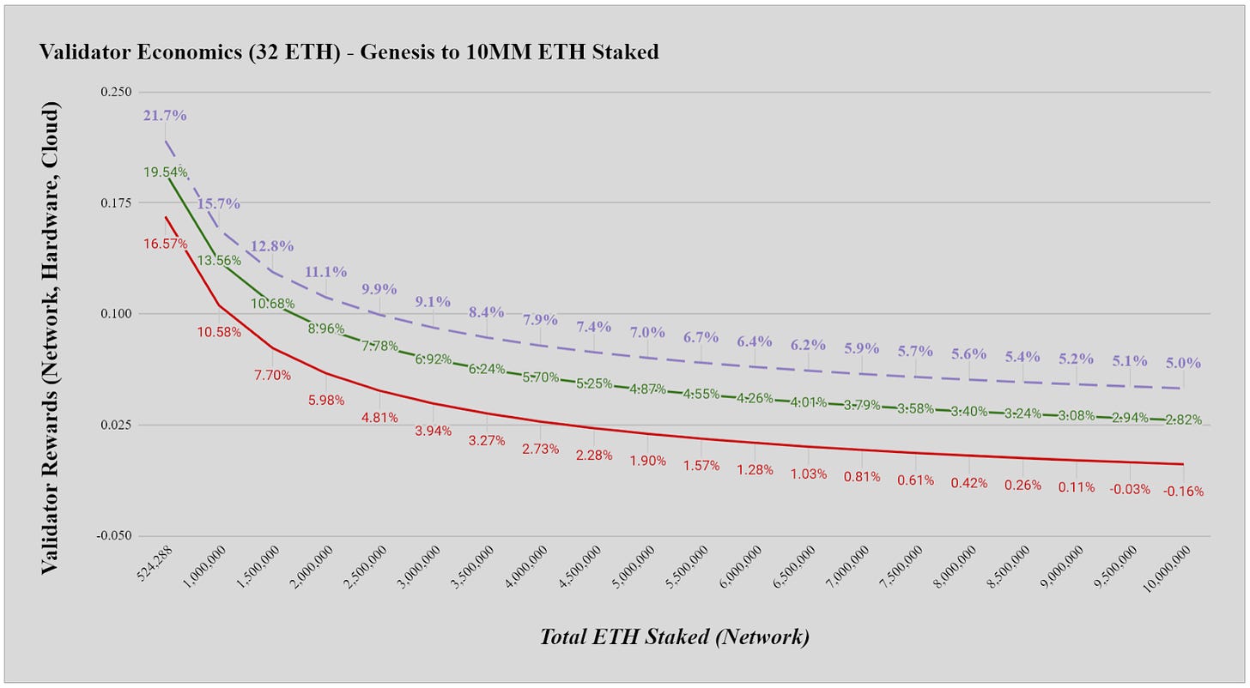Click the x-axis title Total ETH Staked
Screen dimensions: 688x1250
(674, 637)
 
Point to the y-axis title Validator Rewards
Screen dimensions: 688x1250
(52, 339)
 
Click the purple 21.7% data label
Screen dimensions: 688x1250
(165, 115)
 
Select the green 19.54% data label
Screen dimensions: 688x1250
(166, 172)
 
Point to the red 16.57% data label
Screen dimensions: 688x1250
(165, 244)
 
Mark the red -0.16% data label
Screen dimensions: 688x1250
(1183, 492)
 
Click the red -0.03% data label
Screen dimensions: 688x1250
(1130, 489)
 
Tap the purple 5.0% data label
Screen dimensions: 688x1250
(1183, 363)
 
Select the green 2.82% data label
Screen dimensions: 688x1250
(1183, 419)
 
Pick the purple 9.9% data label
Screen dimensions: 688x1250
(379, 287)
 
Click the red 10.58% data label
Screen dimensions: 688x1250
(218, 331)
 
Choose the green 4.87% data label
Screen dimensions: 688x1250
(647, 389)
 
